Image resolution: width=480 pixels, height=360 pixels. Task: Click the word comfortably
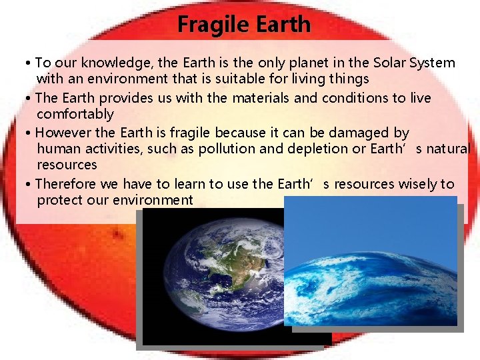click(75, 114)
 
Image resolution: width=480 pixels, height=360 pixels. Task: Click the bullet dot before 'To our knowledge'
click(29, 63)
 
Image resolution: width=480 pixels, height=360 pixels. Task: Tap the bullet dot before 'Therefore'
click(29, 184)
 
